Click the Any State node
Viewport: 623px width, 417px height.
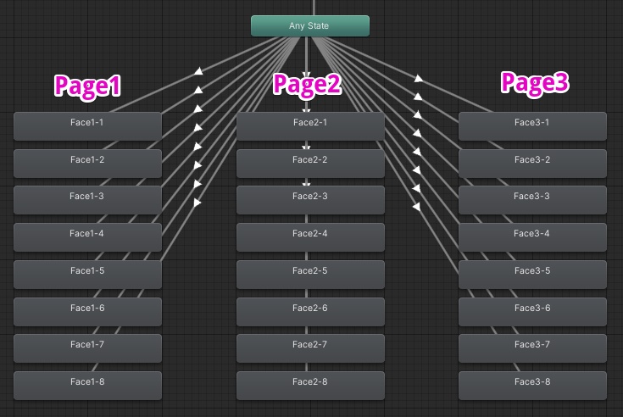point(309,25)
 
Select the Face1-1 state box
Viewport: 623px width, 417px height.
point(87,125)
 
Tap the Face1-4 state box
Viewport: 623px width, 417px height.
point(87,236)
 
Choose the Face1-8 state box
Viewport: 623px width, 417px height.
point(87,385)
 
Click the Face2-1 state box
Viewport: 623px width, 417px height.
point(310,125)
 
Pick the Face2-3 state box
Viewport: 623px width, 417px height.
point(310,199)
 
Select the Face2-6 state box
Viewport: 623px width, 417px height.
point(310,311)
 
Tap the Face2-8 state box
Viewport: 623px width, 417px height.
point(310,385)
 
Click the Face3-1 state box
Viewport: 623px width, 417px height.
point(532,125)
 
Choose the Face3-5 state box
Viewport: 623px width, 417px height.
point(532,274)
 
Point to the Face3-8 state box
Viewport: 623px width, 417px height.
point(532,385)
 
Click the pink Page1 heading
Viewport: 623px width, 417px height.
point(88,85)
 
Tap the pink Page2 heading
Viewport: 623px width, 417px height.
point(307,84)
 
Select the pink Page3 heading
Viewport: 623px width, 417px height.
point(534,82)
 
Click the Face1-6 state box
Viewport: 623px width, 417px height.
point(87,311)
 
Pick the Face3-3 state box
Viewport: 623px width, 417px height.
point(532,199)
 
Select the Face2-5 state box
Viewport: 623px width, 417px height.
point(310,274)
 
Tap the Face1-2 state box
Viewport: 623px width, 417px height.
point(87,163)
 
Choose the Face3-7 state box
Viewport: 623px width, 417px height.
point(532,347)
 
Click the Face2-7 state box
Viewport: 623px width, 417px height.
point(310,347)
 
